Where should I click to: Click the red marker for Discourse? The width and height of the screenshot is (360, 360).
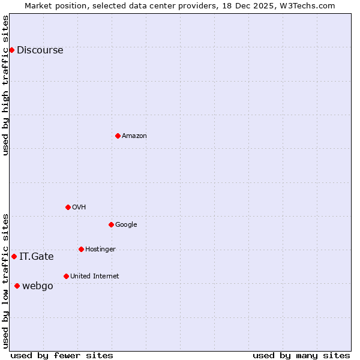[x=11, y=50]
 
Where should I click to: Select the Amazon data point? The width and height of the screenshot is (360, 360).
[x=118, y=136]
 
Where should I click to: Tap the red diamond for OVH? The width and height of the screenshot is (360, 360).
[x=68, y=207]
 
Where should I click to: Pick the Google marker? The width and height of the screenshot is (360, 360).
[x=111, y=224]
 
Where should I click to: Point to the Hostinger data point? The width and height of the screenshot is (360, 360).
[x=81, y=249]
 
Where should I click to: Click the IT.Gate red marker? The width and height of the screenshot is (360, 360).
[x=14, y=256]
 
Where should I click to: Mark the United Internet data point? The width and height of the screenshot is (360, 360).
[x=66, y=276]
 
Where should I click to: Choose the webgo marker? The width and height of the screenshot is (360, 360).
[x=17, y=286]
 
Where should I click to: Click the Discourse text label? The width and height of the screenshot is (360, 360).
[x=40, y=50]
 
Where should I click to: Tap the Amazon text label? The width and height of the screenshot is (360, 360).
[x=134, y=136]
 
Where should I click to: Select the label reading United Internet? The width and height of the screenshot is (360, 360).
[x=94, y=277]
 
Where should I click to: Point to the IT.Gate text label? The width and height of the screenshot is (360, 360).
[x=36, y=257]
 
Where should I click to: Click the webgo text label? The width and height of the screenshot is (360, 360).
[x=37, y=286]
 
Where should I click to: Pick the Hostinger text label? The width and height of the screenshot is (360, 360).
[x=100, y=250]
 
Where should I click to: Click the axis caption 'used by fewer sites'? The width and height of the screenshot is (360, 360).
[x=62, y=355]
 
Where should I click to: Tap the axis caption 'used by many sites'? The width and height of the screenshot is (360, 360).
[x=301, y=355]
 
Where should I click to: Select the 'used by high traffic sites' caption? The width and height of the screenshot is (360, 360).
[x=5, y=85]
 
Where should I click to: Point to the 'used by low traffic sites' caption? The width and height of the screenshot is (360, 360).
[x=5, y=280]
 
